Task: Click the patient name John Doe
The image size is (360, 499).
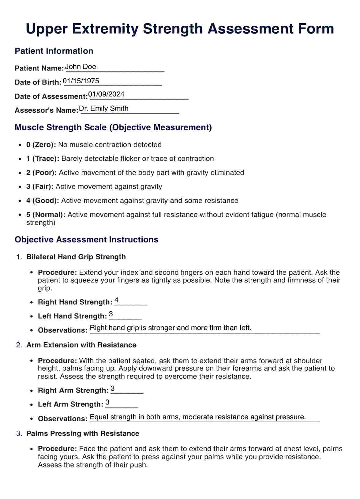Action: click(x=81, y=67)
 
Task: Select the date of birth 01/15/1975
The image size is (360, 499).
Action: click(x=81, y=81)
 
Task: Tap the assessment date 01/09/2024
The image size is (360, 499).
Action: click(x=106, y=94)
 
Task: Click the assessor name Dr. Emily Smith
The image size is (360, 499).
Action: click(x=103, y=108)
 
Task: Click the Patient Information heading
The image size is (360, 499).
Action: click(x=54, y=51)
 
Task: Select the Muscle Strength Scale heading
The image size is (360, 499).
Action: click(x=113, y=127)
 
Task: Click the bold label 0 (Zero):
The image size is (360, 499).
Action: click(x=41, y=144)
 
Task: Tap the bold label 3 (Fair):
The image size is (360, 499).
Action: click(x=40, y=186)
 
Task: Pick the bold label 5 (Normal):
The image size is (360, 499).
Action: click(x=46, y=215)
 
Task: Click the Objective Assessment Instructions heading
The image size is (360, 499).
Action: click(x=86, y=239)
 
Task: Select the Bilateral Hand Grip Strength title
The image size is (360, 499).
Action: click(x=76, y=257)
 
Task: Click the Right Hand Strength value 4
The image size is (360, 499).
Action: click(x=117, y=300)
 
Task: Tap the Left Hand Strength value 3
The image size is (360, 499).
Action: click(x=111, y=314)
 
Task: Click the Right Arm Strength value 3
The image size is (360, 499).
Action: click(x=113, y=388)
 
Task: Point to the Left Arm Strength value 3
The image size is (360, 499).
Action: click(x=107, y=402)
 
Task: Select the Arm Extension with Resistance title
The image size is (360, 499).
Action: click(x=81, y=345)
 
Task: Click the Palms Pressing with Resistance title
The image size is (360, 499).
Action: click(x=83, y=433)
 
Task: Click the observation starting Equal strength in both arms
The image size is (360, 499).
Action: click(x=198, y=417)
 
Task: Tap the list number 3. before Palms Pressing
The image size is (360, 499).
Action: click(x=19, y=433)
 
